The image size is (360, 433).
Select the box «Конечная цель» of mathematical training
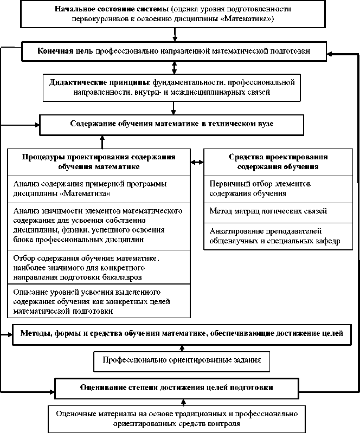173,51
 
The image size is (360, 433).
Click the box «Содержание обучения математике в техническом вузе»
171,124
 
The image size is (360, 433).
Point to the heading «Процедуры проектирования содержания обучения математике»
99,161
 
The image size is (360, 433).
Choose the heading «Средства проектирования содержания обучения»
278,161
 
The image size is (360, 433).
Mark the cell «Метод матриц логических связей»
278,211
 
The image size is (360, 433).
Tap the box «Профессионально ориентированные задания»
182,360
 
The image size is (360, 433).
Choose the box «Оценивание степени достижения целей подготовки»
177,388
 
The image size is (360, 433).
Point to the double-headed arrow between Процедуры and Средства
197,161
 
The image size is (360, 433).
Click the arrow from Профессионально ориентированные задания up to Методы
182,347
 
